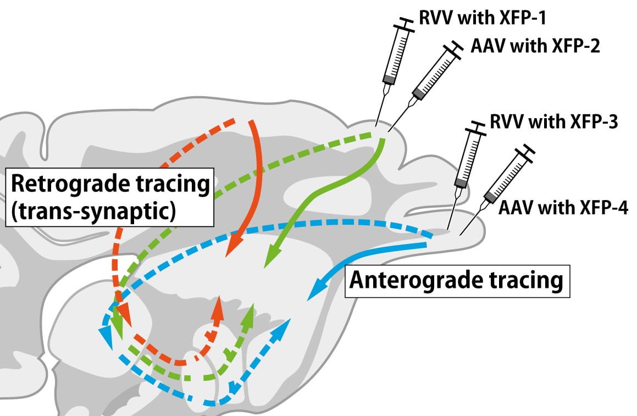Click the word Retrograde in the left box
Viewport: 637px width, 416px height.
(69, 184)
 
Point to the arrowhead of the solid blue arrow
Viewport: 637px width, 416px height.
(315, 291)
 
